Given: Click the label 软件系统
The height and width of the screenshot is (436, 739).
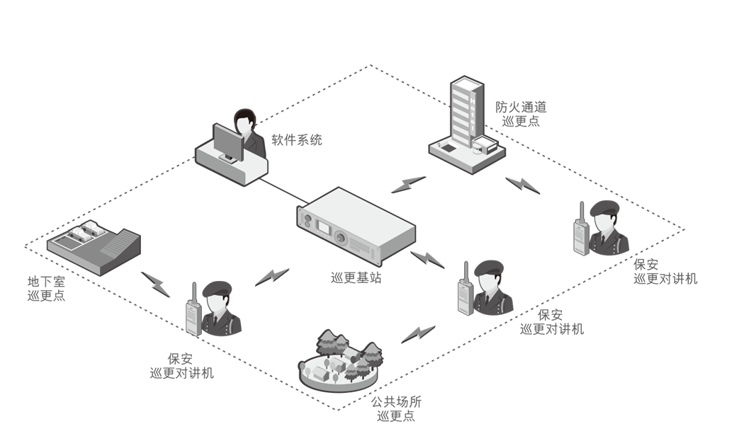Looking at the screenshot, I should click(296, 140).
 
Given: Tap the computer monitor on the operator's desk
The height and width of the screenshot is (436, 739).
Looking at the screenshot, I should click(227, 142).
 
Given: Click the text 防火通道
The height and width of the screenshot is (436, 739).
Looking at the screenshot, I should click(521, 108).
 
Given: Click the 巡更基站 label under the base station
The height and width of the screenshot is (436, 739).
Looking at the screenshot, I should click(356, 278).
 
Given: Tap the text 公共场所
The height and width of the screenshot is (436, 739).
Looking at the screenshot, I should click(396, 402).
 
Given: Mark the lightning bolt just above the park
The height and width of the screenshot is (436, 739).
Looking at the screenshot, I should click(417, 334).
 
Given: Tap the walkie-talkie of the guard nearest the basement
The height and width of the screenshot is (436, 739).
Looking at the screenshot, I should click(192, 316).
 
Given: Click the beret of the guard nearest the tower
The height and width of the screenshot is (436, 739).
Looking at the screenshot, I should click(605, 206).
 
